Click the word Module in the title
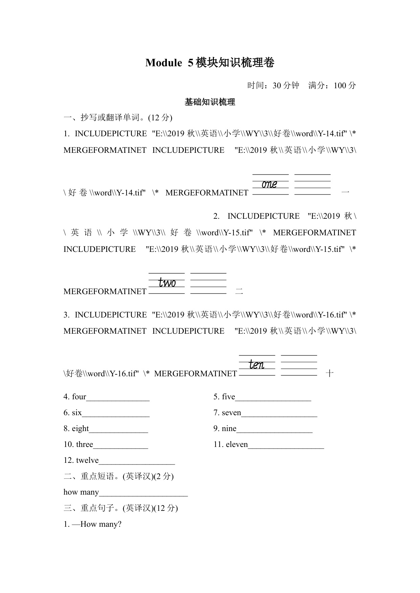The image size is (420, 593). pos(163,63)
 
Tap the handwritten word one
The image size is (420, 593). pos(269,184)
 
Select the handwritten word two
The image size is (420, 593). pos(167,283)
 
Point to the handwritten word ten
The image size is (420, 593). pos(257,365)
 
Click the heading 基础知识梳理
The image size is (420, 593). pos(210,102)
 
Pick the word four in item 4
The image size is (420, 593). pos(79,397)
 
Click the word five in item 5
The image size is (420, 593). pos(228,397)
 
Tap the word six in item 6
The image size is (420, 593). pos(77,413)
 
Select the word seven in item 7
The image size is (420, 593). pos(231,413)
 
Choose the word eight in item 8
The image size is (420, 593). pos(81,429)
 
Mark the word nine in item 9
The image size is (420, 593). pos(229,429)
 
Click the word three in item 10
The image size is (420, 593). pos(85,445)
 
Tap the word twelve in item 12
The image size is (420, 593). pos(87,460)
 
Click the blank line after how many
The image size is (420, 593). pos(143,493)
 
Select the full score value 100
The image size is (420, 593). pos(340,86)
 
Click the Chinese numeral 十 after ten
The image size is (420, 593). pos(329,373)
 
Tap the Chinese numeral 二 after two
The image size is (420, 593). pos(239,291)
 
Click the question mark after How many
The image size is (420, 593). pos(119,524)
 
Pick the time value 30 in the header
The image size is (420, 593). pos(277,86)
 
